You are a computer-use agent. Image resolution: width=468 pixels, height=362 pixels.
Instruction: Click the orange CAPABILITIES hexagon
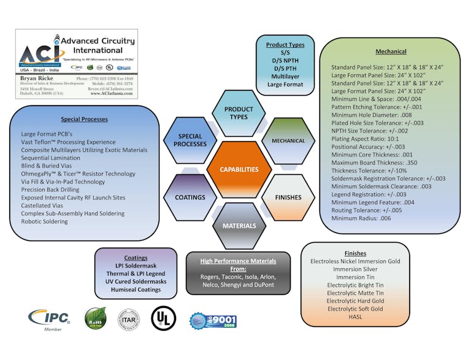pos(239,169)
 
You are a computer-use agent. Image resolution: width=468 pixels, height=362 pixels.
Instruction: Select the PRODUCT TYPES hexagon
pos(239,113)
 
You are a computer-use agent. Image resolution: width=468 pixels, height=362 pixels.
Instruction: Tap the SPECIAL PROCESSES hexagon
pos(190,141)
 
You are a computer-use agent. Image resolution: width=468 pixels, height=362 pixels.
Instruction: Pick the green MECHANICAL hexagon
pos(288,141)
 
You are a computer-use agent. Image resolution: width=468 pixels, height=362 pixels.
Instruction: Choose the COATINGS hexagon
pos(190,198)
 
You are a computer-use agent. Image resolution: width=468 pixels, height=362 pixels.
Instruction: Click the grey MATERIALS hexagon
pos(239,226)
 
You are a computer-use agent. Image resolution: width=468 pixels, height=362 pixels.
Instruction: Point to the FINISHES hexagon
pos(288,198)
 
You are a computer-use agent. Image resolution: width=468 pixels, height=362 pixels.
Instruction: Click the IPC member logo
pos(49,318)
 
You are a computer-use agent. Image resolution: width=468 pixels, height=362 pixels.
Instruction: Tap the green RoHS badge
pos(96,318)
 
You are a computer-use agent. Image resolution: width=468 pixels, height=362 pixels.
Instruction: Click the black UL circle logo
pos(164,318)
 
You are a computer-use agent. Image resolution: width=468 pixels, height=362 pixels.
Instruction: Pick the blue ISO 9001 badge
pos(213,320)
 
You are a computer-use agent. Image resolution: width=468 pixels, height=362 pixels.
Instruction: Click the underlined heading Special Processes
pos(84,119)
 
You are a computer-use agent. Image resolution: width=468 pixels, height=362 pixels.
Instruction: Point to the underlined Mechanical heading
pos(391,52)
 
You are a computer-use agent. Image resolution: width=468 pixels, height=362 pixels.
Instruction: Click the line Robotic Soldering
pos(44,221)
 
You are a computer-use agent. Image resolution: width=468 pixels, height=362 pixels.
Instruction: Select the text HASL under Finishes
pos(355,317)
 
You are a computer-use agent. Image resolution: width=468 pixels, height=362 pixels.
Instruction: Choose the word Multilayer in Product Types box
pos(285,76)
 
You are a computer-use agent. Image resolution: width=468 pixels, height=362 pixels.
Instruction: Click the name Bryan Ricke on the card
pos(36,79)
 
